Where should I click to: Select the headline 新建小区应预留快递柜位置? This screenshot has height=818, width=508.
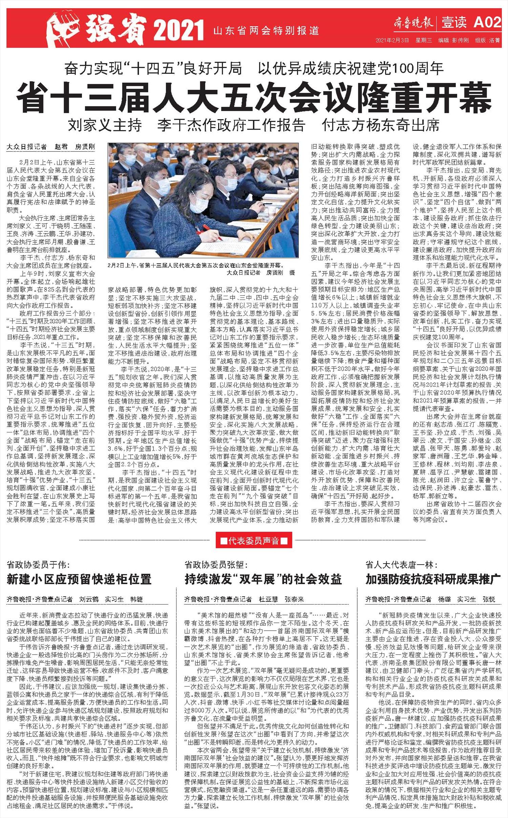79,579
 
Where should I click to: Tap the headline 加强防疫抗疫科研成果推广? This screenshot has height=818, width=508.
432,579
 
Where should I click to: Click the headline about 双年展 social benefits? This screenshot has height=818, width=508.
263,579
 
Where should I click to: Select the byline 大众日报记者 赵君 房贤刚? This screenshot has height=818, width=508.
51,147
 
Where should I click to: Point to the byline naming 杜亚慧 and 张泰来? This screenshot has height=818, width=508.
244,599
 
